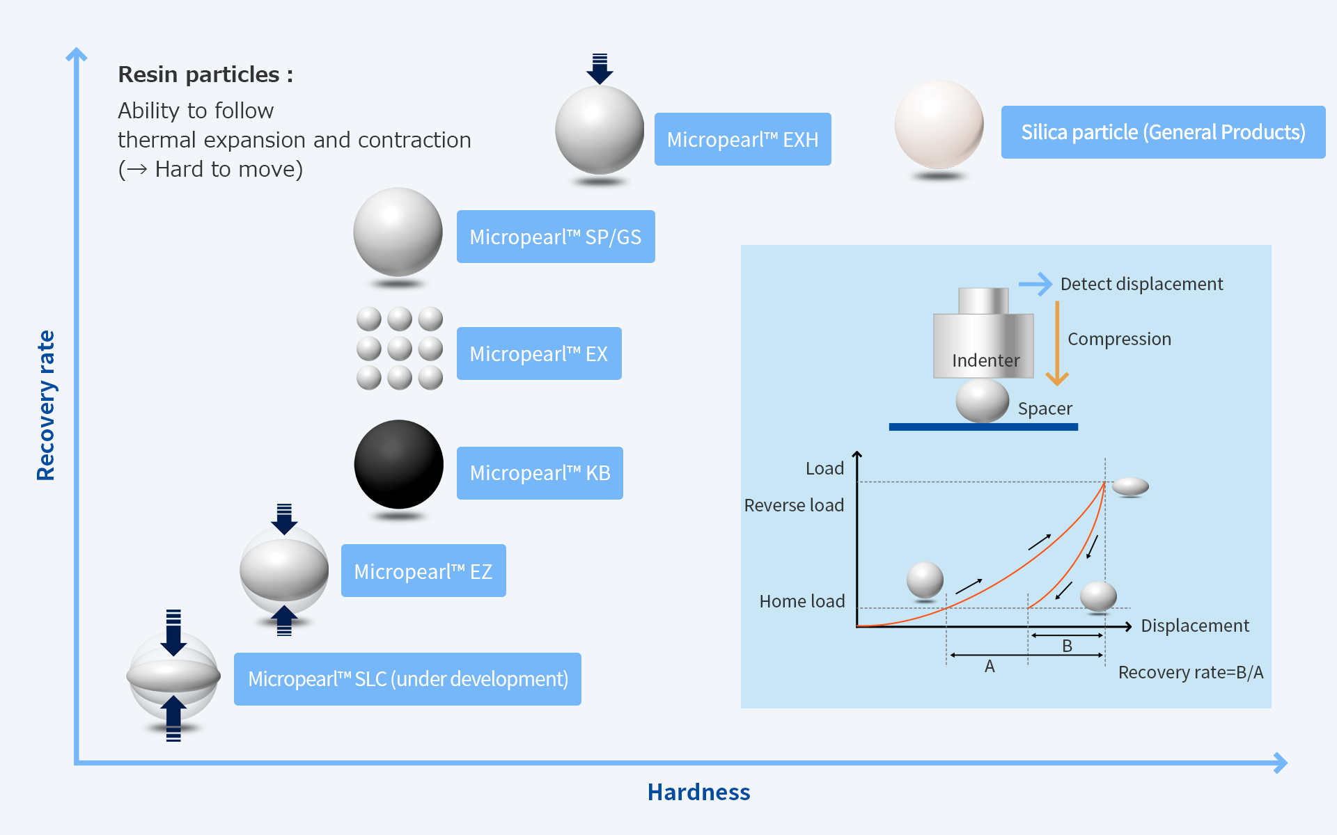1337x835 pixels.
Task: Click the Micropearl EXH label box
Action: (x=742, y=139)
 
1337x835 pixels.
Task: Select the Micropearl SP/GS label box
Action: (x=556, y=237)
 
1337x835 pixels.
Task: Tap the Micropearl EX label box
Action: (x=539, y=353)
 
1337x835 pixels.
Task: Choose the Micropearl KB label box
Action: (x=540, y=473)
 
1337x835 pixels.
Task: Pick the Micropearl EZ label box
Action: (x=423, y=571)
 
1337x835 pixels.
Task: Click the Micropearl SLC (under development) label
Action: (x=407, y=679)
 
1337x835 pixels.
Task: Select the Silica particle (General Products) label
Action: (x=1163, y=132)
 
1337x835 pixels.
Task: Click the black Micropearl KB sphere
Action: (x=399, y=464)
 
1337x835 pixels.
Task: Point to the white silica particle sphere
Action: (x=939, y=125)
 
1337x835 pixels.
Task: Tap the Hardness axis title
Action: (x=698, y=793)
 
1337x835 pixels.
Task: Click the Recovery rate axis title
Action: (x=46, y=405)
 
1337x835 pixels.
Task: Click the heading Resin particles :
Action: (x=205, y=74)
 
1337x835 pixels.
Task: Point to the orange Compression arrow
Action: (x=1057, y=343)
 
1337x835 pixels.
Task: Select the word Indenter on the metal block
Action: (x=985, y=360)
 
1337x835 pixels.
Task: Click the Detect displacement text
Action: (x=1141, y=284)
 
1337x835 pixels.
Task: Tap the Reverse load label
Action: (x=794, y=505)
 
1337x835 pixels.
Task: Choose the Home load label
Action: (x=802, y=601)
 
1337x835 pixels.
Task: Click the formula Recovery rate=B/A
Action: (x=1191, y=672)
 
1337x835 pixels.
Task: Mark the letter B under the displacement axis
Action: (x=1067, y=646)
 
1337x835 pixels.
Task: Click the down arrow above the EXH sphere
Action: (x=600, y=69)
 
